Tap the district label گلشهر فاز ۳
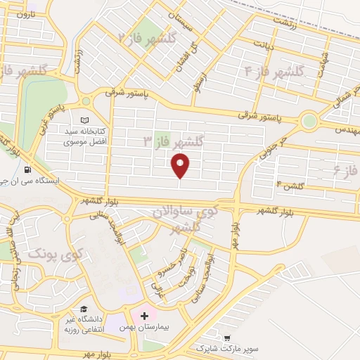(172, 141)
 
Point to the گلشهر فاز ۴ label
(274, 72)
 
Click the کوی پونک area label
(56, 253)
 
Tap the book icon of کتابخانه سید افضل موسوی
(86, 120)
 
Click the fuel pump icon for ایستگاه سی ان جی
(27, 169)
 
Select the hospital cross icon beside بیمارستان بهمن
(144, 317)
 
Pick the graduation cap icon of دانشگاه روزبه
(83, 309)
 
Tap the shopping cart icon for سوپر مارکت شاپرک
(226, 337)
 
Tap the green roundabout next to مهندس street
(309, 121)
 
